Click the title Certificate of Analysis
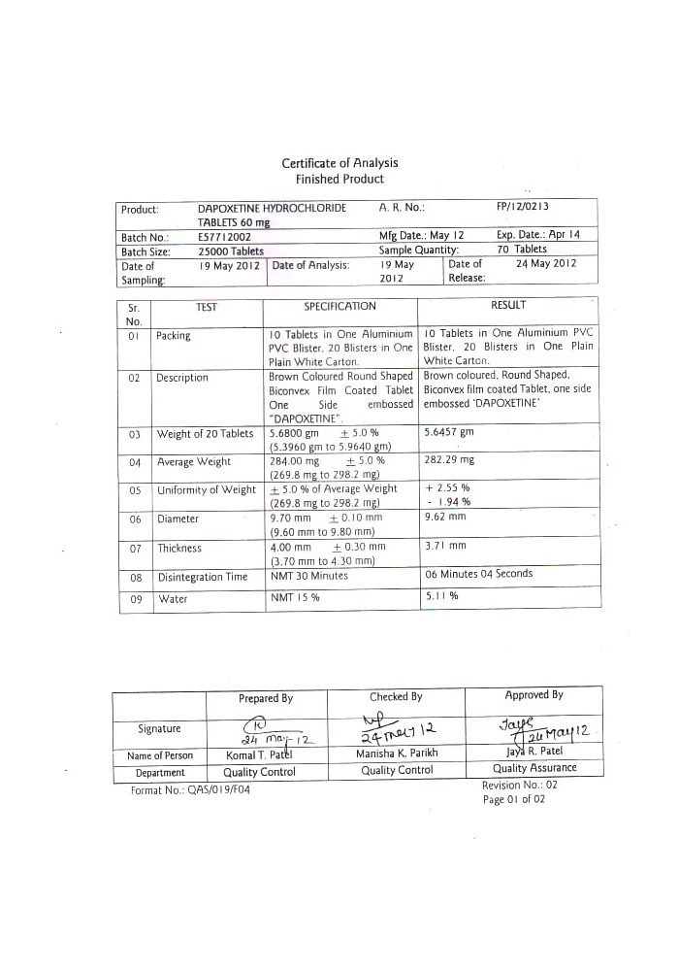[339, 163]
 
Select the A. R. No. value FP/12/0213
[529, 208]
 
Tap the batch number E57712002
[224, 236]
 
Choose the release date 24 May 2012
[546, 264]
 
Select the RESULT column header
[508, 306]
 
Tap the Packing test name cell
[175, 336]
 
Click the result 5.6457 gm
[449, 432]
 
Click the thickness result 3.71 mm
[445, 547]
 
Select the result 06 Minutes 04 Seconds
[479, 574]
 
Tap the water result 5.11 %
[441, 597]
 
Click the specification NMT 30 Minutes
[308, 577]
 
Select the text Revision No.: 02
[519, 785]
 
